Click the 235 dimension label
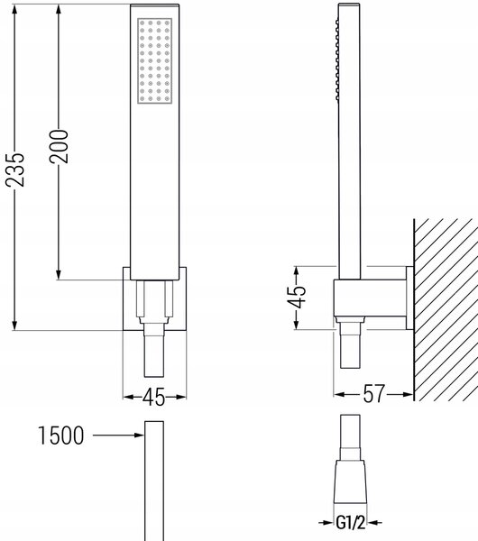(x=15, y=170)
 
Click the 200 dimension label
(x=59, y=146)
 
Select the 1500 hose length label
(x=60, y=436)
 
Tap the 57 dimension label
(x=373, y=394)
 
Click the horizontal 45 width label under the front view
(x=154, y=397)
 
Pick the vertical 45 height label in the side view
(x=297, y=297)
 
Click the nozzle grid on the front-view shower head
(x=154, y=60)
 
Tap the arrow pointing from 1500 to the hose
(x=118, y=436)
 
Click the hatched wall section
(x=446, y=309)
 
